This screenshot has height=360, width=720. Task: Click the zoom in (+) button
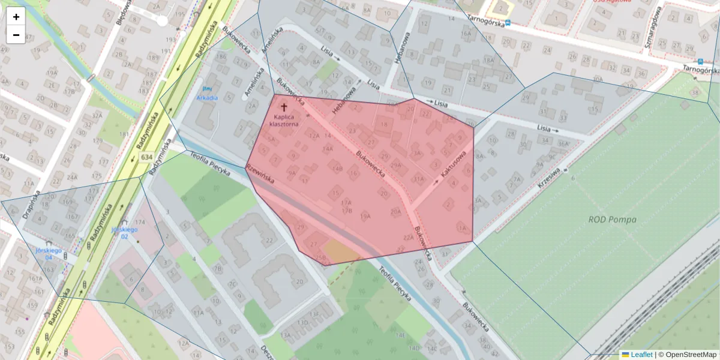point(16,17)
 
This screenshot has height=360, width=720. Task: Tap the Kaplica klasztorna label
point(284,121)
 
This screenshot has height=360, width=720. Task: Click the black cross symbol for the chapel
point(284,108)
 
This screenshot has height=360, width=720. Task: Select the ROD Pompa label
point(612,220)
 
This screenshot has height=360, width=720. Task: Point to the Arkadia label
point(208,97)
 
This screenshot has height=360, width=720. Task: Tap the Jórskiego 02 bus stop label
point(125,233)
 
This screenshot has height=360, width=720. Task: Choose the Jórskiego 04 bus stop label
point(49,253)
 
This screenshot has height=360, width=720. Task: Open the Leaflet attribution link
point(641,355)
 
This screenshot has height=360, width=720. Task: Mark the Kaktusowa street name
point(454,164)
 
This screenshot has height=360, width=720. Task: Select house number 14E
point(400,334)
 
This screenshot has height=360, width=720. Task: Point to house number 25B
point(321,257)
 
